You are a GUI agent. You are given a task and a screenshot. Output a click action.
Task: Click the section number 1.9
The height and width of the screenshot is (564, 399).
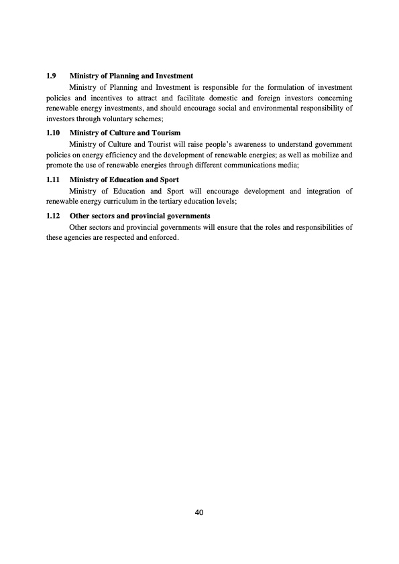point(51,76)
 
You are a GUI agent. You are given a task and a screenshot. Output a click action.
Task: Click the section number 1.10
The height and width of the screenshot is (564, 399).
point(53,133)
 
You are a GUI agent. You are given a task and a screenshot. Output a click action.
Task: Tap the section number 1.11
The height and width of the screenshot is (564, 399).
point(53,180)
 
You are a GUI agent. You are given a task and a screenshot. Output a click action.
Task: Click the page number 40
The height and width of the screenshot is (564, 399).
point(199,512)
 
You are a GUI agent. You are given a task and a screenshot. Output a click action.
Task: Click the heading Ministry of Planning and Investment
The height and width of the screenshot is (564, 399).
point(131,76)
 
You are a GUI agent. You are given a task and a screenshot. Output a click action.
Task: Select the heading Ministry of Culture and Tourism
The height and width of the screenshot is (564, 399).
point(125,133)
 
